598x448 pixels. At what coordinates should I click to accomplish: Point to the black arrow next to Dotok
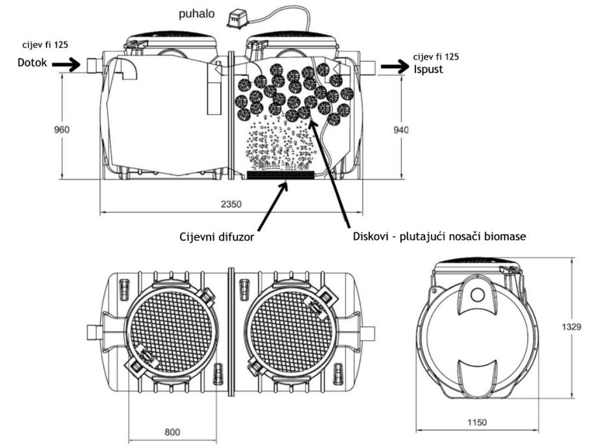[66, 65]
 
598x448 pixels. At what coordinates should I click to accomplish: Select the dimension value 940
[401, 130]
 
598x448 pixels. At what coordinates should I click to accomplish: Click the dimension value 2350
[231, 204]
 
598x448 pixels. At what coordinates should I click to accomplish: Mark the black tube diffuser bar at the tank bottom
[281, 175]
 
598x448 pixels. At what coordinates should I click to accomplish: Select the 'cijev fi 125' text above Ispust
[429, 57]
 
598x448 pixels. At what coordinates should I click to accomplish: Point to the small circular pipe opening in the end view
[477, 295]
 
